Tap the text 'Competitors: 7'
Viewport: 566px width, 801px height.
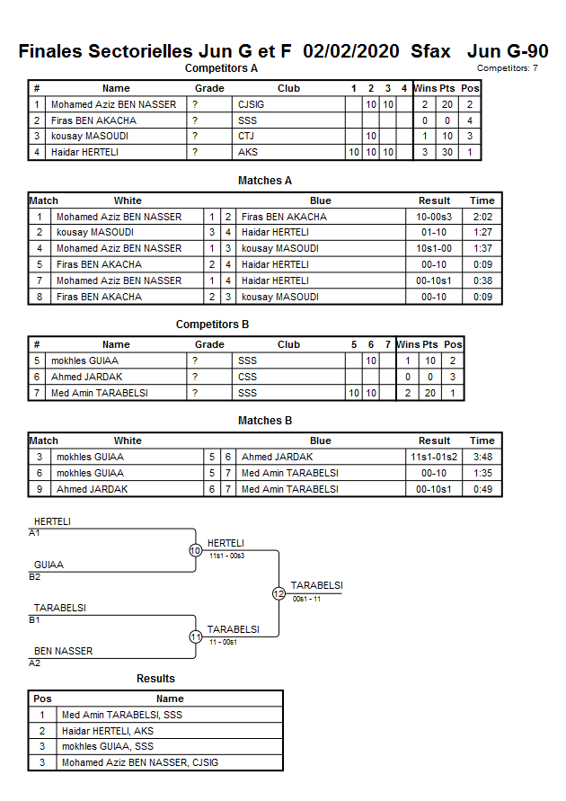(507, 67)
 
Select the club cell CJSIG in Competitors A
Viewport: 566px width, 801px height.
(252, 104)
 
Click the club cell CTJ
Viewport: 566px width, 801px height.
(246, 137)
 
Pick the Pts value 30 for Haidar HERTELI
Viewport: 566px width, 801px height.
(447, 153)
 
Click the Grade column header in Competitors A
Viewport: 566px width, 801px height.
(209, 88)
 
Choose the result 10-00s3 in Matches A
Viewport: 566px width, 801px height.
(434, 217)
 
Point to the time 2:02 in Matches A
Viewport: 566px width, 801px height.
(482, 217)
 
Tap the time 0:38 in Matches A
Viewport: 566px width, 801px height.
(482, 280)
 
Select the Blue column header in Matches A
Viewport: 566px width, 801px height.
(320, 200)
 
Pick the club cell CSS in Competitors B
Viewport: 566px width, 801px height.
(247, 377)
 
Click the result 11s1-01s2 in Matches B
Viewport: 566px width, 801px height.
(434, 457)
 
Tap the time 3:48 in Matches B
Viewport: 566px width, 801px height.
(482, 457)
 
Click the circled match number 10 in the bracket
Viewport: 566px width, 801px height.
(195, 550)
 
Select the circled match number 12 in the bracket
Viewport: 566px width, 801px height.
(279, 593)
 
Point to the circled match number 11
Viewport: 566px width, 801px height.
(195, 636)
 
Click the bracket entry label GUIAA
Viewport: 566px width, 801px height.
(49, 565)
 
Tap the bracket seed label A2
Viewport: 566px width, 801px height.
(35, 663)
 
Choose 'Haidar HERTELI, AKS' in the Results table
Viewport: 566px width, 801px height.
(108, 731)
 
